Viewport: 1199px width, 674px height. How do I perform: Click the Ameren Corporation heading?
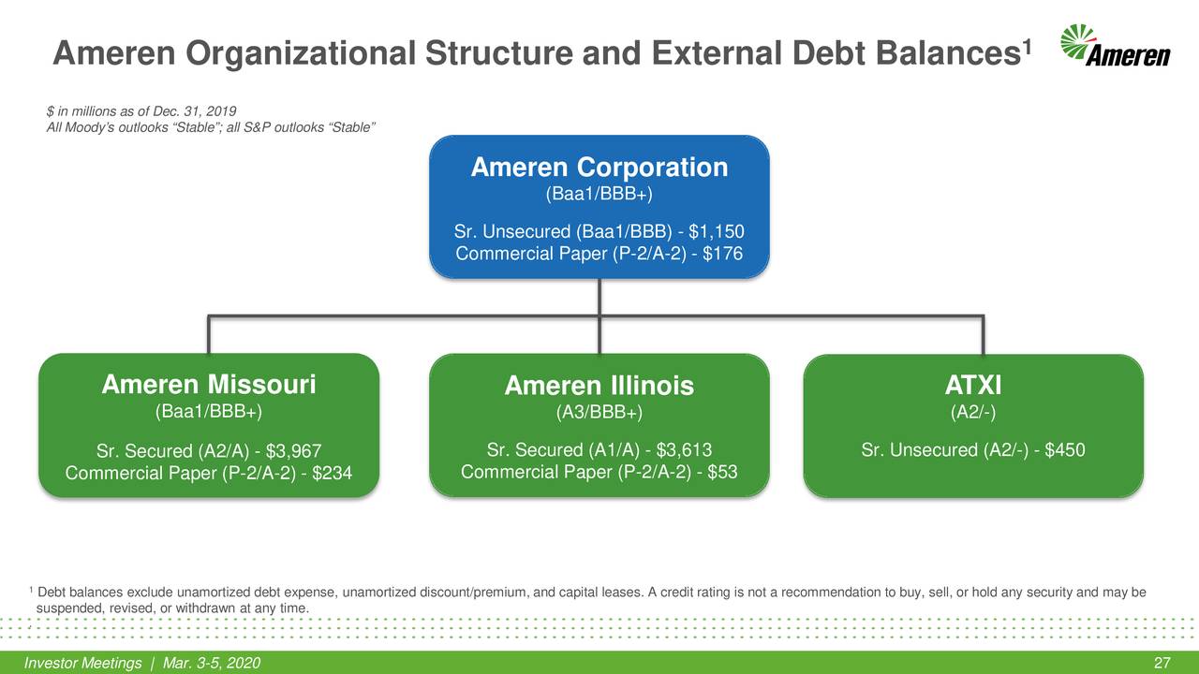(599, 168)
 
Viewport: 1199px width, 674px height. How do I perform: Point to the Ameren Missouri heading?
(208, 385)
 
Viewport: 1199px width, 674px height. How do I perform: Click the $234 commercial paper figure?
(332, 474)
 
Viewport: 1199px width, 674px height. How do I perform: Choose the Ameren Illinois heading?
(599, 387)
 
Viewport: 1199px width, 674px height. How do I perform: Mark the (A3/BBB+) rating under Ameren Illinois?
(599, 412)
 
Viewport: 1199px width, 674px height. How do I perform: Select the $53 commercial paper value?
(721, 472)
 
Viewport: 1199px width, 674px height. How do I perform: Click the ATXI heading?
(974, 386)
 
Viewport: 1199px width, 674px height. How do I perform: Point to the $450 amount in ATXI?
(1065, 450)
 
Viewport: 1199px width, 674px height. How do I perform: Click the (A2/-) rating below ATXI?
(974, 411)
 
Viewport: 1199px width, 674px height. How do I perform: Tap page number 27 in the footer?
(1162, 664)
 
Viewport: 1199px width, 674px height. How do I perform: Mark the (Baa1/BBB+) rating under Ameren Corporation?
(599, 195)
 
